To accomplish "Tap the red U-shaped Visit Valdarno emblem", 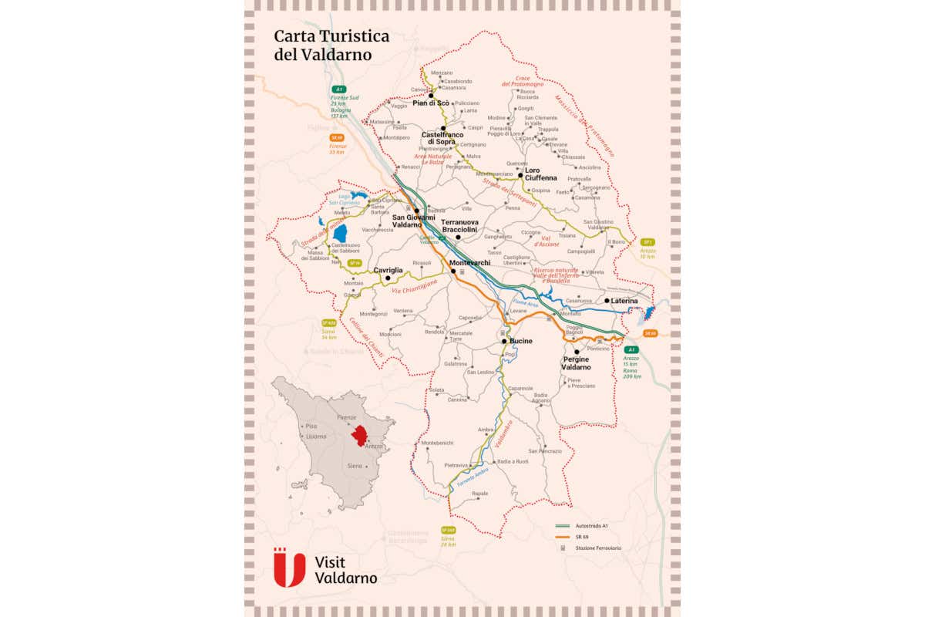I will click(x=290, y=567).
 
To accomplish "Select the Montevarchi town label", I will click(x=470, y=263).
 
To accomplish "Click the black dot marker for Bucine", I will click(x=504, y=341).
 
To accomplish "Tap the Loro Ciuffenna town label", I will click(x=540, y=174).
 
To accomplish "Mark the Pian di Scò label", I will click(x=431, y=103).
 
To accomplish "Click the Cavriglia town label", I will click(x=388, y=271).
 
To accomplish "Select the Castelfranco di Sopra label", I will click(x=443, y=138).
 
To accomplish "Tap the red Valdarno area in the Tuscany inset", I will click(x=358, y=435).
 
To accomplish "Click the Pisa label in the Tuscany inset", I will click(x=311, y=426).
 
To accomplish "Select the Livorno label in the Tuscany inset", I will click(x=316, y=437).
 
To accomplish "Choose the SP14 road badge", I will click(x=355, y=263).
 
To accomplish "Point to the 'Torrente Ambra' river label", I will click(x=472, y=477).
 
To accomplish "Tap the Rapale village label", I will click(x=479, y=494).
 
